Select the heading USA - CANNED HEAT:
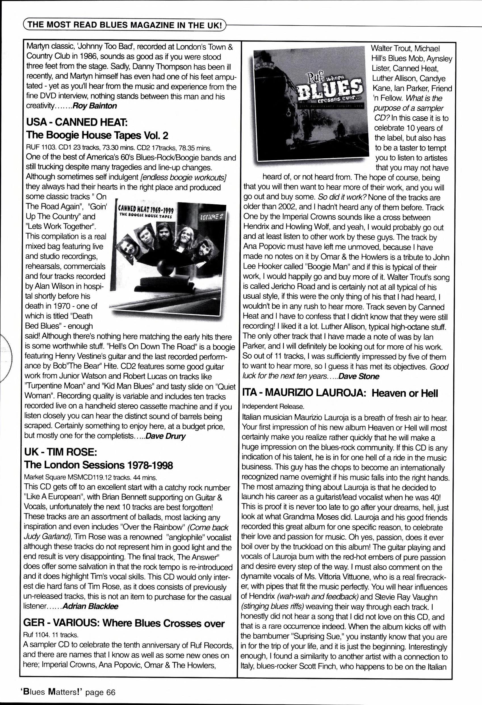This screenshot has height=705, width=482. coord(76,123)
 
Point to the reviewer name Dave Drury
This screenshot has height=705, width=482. coord(165,436)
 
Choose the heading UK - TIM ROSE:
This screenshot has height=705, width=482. coord(60,452)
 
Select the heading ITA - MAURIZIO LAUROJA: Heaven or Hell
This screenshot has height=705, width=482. coord(340,393)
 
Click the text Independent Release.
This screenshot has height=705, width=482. coord(273,406)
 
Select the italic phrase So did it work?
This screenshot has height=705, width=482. coord(342,198)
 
